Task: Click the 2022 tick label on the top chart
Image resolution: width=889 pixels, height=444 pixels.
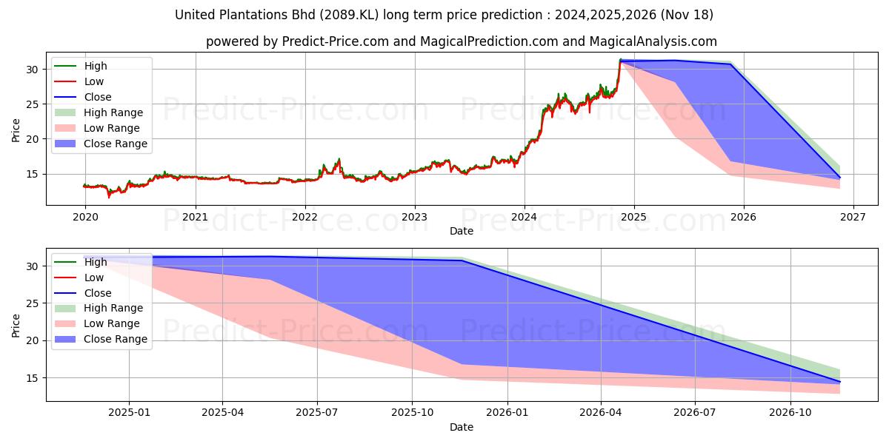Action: pos(304,218)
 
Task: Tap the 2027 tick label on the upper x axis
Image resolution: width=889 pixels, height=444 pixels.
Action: pos(853,218)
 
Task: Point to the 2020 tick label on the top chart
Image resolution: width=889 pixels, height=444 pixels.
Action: pos(85,218)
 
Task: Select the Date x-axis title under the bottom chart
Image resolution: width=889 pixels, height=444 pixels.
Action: pos(462,427)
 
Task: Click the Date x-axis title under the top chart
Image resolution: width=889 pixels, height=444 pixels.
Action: pos(462,231)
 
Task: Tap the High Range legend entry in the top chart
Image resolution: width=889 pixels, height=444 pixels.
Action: pos(113,112)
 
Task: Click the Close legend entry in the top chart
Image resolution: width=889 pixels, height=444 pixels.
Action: pos(98,97)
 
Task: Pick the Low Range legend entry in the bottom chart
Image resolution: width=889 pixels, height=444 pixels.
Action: pos(112,323)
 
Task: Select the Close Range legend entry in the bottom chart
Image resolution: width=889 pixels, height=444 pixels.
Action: pos(116,339)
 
